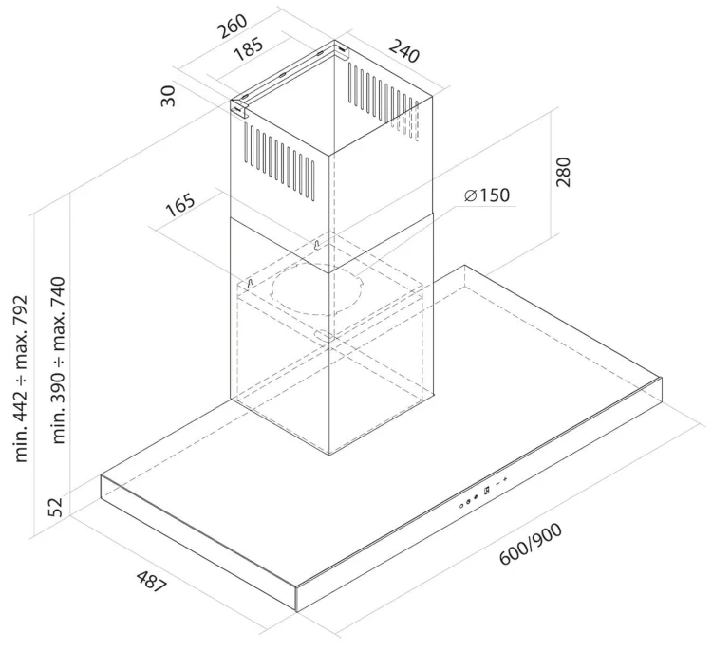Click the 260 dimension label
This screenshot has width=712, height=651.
point(233,27)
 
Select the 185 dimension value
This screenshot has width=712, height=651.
point(248,49)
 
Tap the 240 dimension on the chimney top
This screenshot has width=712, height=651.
point(403,51)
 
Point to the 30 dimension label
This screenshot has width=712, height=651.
point(168,96)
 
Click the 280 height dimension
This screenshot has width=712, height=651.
point(563,172)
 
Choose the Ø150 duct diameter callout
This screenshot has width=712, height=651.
point(487,195)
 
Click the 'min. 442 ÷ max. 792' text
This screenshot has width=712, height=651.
point(21,379)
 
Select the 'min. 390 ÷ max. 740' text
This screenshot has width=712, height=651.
point(59,360)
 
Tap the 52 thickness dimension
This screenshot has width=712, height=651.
point(55,507)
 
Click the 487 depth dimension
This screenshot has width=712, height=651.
point(152,582)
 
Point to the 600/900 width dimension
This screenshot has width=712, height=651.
point(531,544)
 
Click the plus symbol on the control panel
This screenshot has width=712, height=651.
point(504,479)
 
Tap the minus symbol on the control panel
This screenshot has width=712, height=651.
point(497,483)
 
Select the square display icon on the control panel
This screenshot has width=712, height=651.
point(487,490)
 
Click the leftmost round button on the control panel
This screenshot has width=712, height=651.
point(461,505)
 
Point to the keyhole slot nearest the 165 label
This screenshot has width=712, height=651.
point(250,284)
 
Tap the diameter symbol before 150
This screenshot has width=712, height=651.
point(471,195)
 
